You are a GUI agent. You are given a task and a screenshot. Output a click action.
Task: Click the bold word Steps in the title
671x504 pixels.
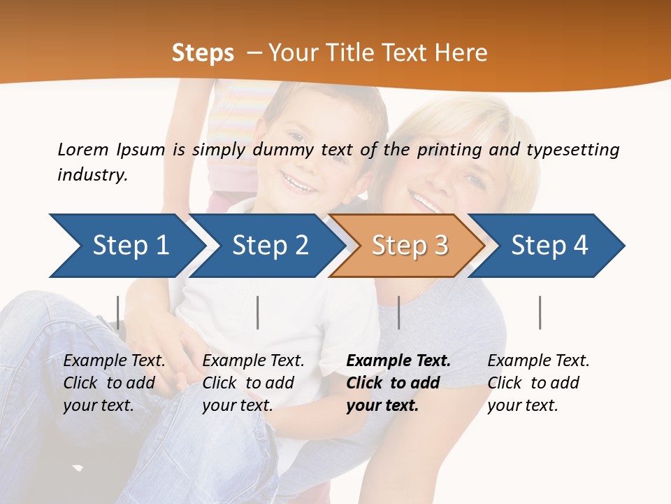point(203,53)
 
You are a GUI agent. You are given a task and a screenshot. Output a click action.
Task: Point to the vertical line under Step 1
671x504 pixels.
point(118,312)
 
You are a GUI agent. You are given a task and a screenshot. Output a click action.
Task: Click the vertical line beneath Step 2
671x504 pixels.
point(258,312)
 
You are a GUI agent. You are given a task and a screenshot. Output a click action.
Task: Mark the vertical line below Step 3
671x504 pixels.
point(398,312)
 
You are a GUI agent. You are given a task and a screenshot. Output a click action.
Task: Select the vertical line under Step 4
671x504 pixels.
point(540,312)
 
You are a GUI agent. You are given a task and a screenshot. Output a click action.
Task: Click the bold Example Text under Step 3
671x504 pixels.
point(398,383)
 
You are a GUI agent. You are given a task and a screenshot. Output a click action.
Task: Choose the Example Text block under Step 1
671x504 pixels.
point(114,383)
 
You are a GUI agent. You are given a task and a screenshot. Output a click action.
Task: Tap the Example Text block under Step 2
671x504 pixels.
point(253,383)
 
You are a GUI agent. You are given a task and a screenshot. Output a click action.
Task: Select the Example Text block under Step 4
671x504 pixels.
point(538,383)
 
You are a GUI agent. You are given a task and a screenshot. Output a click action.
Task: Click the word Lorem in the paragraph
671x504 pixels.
point(83,150)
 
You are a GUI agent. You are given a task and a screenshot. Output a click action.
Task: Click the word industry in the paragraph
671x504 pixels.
point(92,175)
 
